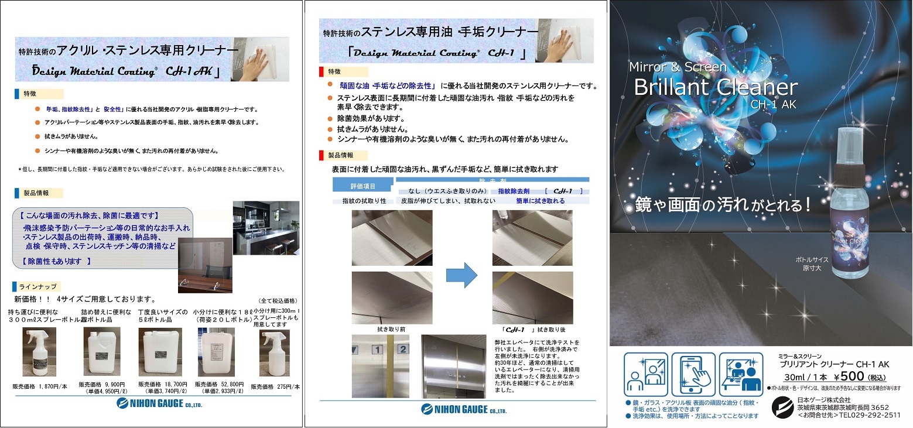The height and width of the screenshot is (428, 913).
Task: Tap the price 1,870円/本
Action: click(x=40, y=386)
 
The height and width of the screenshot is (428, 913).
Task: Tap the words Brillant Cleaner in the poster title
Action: click(x=716, y=88)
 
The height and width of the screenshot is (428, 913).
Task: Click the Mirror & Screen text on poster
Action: click(x=678, y=67)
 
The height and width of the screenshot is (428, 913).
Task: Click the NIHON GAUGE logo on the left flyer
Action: click(x=159, y=403)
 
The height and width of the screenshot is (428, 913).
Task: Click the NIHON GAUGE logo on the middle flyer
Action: click(x=463, y=409)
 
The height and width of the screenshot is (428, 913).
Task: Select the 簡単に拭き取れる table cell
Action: click(x=540, y=201)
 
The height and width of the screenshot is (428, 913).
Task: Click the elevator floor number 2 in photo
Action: click(x=402, y=350)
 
